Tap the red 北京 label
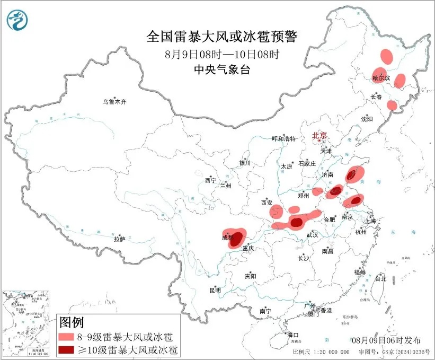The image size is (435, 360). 321,135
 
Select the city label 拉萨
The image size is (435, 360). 119,239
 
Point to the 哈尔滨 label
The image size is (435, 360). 380,78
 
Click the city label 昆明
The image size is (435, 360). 215,290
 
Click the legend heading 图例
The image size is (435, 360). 72,322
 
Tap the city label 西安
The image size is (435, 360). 266,203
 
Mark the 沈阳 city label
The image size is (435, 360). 367,118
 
